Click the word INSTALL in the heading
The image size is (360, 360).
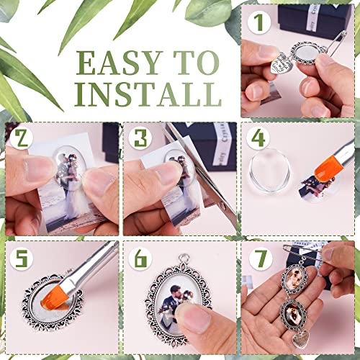(149, 94)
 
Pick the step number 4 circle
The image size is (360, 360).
(256, 138)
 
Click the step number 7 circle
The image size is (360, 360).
(256, 256)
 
